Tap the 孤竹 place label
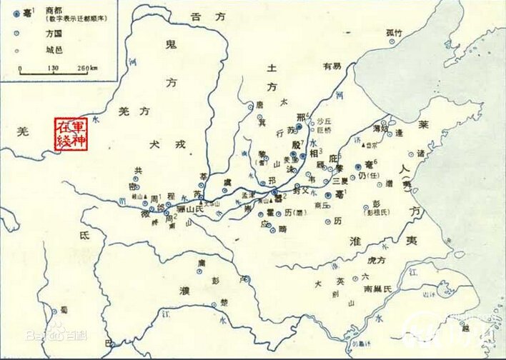point(395,32)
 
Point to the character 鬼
point(170,46)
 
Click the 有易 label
point(332,66)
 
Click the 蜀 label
point(64,309)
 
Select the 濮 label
point(184,291)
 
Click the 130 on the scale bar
point(52,68)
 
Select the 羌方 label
point(135,111)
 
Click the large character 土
point(271,67)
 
